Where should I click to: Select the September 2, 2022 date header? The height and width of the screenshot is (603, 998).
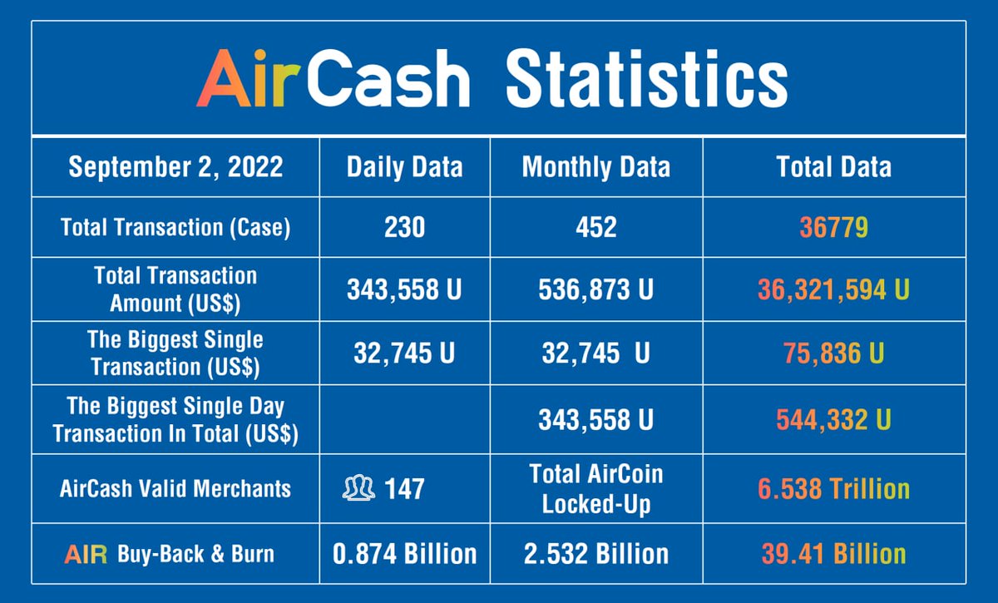[175, 167]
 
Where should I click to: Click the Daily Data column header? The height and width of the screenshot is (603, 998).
[404, 167]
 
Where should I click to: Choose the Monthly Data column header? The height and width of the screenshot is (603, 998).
[595, 167]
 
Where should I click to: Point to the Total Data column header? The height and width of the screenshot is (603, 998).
[833, 167]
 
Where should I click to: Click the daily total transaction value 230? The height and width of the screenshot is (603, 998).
[404, 227]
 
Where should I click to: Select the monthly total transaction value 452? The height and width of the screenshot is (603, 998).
[595, 227]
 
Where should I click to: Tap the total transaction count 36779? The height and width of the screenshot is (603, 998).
[833, 227]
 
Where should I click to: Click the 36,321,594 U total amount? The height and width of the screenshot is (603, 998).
[833, 289]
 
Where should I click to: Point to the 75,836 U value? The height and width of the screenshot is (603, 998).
[833, 353]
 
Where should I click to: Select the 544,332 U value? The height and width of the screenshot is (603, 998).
[833, 419]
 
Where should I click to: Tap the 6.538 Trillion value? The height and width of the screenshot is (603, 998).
[833, 488]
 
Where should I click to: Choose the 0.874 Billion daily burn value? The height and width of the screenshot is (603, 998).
[404, 553]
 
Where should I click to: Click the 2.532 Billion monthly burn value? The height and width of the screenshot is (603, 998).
[595, 553]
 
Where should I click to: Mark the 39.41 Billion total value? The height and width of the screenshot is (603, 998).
[833, 553]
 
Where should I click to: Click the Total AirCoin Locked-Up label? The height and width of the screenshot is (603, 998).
[595, 488]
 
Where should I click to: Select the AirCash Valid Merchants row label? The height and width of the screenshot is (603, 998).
[175, 488]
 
